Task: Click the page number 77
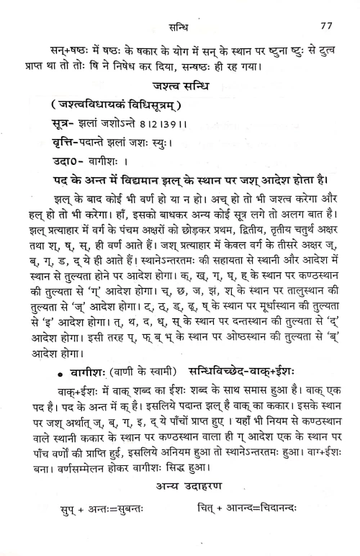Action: click(325, 26)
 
